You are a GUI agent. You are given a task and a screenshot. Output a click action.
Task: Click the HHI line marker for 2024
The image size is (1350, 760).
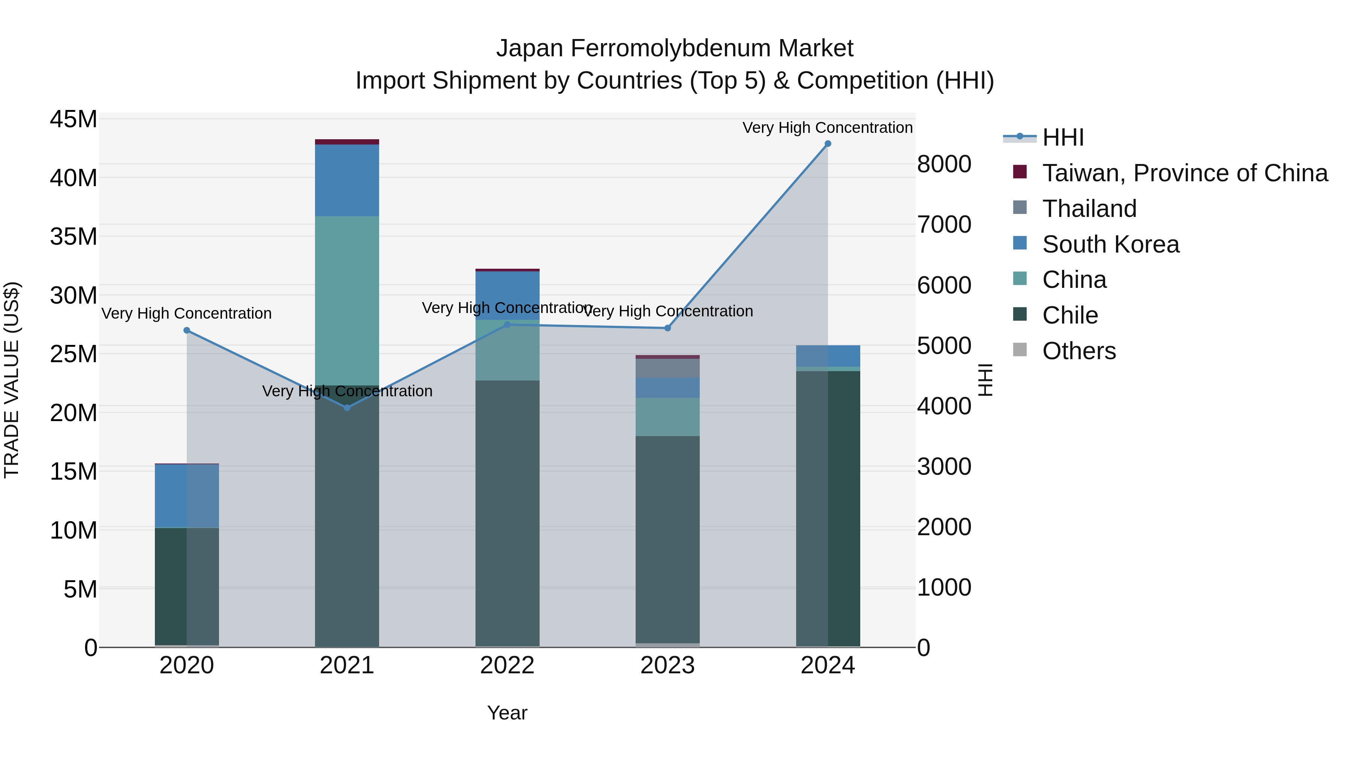tap(828, 144)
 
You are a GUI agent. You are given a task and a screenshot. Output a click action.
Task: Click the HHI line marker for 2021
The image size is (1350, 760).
tap(347, 408)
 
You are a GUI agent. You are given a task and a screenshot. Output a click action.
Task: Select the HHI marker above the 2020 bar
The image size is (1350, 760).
tap(187, 330)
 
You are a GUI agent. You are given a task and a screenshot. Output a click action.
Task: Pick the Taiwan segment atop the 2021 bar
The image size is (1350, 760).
tap(347, 141)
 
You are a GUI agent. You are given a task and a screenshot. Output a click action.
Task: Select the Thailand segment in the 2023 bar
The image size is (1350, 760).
tap(667, 368)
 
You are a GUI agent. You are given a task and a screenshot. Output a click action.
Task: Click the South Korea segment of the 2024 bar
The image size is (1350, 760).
tap(828, 356)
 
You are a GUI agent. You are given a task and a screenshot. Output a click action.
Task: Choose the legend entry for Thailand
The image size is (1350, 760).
tap(1089, 209)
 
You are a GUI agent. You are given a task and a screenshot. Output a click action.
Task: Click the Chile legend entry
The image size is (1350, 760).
tap(1069, 315)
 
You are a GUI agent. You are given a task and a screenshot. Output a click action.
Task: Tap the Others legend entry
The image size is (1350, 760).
tap(1078, 351)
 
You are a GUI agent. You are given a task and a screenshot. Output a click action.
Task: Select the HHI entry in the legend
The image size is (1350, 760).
tap(1062, 137)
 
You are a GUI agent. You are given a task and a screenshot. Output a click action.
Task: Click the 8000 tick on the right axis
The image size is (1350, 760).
tap(944, 164)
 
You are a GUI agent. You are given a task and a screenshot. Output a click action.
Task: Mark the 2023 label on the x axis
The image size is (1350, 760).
tap(667, 665)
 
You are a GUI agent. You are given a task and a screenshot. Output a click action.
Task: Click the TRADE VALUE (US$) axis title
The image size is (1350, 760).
tap(12, 380)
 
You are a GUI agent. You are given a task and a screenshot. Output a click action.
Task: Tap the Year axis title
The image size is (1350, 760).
tap(507, 713)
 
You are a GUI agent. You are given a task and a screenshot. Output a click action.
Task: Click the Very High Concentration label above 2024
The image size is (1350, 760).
tap(828, 128)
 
